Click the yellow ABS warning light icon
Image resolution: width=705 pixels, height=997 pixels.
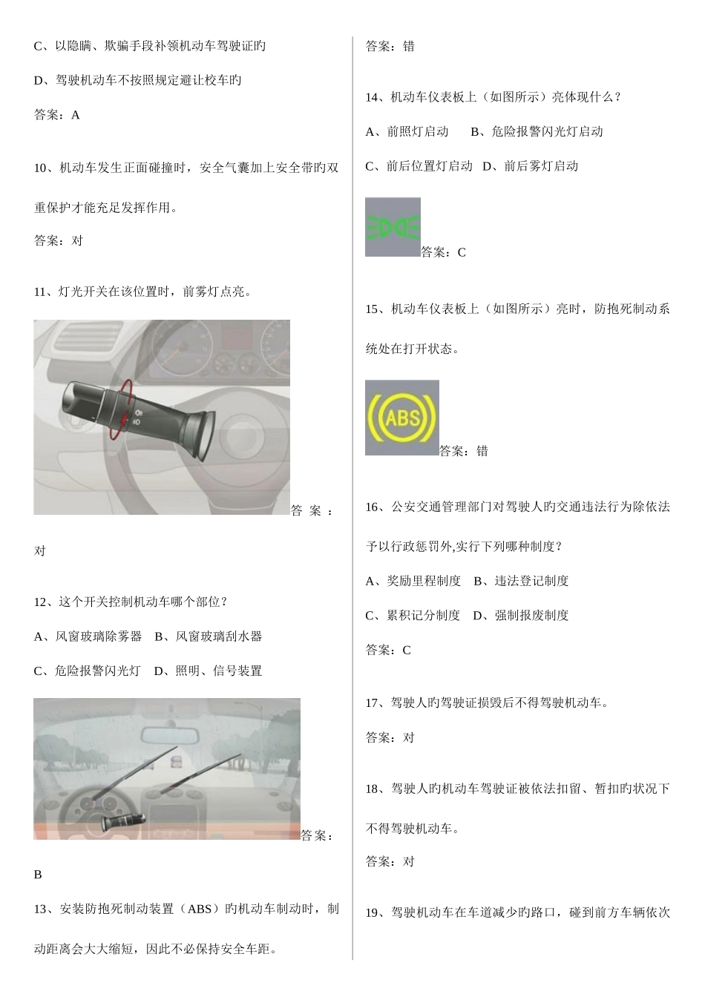pos(401,418)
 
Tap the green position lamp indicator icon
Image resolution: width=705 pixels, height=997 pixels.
pos(393,227)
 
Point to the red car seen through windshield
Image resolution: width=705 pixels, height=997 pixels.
pos(176,762)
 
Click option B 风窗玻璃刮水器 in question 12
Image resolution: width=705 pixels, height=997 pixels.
pos(209,636)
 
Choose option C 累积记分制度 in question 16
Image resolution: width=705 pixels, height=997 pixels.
pos(413,615)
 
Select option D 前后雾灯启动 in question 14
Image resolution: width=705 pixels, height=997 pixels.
pos(530,166)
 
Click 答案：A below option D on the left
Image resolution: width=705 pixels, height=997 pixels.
pos(57,115)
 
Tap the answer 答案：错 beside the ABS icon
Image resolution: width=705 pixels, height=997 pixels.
pos(464,450)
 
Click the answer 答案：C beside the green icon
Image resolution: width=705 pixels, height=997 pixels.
pos(444,252)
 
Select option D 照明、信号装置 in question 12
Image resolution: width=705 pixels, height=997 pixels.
pos(208,671)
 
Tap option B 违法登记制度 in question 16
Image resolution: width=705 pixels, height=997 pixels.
pos(521,581)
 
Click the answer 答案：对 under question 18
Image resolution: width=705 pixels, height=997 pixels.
pos(390,861)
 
